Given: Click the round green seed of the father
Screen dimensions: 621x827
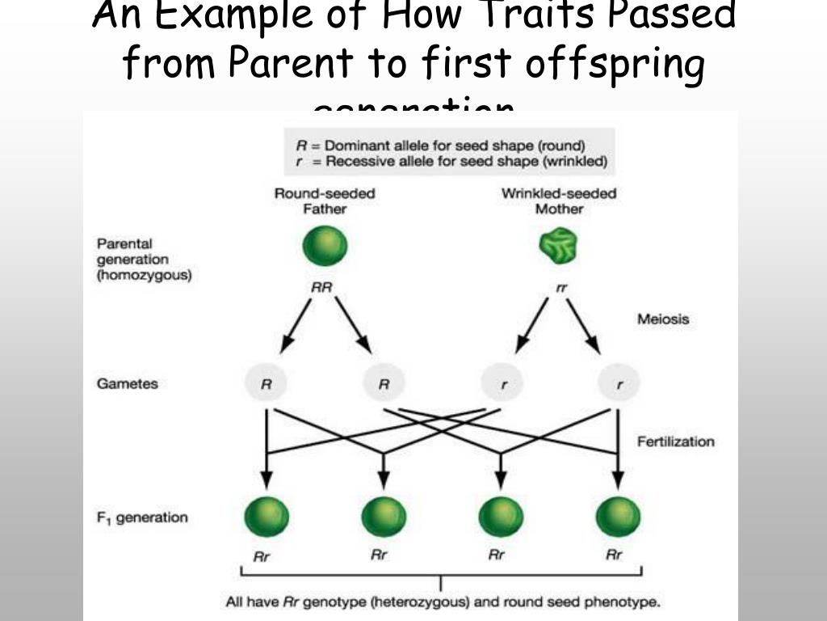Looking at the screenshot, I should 325,246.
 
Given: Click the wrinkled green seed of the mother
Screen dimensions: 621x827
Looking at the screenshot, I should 560,246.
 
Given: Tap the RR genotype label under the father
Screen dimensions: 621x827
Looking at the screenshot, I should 321,287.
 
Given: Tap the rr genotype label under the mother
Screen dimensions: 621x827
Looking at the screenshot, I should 562,288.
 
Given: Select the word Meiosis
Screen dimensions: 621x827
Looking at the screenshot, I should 663,319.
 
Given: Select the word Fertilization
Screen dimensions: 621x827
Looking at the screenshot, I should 675,441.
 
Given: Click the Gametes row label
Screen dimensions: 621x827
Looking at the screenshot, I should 128,383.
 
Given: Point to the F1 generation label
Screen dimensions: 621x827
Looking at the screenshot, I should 142,517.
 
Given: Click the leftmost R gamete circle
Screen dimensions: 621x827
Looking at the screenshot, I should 266,385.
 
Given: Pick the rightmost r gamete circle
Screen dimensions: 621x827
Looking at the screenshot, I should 619,385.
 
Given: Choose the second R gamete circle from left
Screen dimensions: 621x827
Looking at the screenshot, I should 384,385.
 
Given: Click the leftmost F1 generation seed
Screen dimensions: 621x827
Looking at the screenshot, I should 266,517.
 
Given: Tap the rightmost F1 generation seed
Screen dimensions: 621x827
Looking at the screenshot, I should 618,517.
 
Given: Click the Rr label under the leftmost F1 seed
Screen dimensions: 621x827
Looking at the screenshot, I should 262,556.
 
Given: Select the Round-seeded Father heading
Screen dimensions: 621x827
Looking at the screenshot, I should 325,201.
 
